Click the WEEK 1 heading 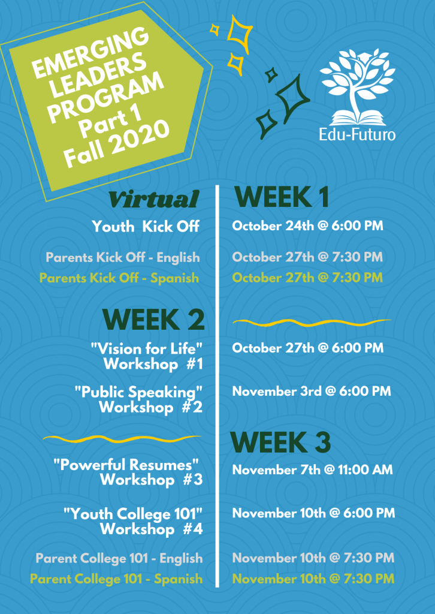[281, 197]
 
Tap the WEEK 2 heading [153, 320]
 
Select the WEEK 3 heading [280, 443]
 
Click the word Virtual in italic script [153, 200]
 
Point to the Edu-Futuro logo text [357, 134]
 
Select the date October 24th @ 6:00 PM [307, 226]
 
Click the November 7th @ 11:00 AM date [312, 469]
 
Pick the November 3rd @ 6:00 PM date [312, 391]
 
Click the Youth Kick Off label [146, 226]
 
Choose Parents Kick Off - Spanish [119, 278]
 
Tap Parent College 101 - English [119, 558]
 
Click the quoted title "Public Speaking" [139, 392]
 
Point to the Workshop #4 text [152, 529]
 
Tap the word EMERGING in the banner [90, 53]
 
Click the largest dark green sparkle [292, 94]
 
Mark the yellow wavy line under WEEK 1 [312, 323]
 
